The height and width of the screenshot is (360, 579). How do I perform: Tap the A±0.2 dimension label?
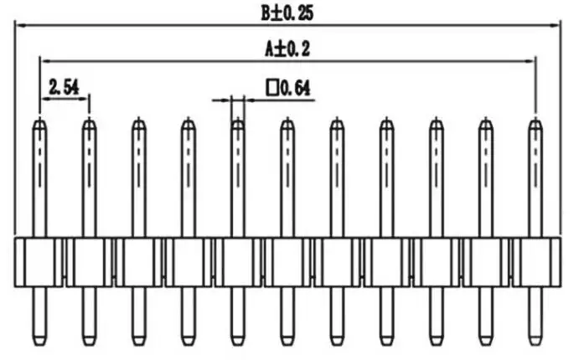tap(287, 49)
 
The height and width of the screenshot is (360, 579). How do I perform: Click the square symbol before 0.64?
tap(271, 86)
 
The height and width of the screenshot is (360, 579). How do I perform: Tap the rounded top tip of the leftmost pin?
tap(39, 126)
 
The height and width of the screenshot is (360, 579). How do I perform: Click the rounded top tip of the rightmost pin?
tap(535, 126)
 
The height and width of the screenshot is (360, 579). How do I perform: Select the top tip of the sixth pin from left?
tap(287, 126)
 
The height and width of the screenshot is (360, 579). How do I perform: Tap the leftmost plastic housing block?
tap(39, 262)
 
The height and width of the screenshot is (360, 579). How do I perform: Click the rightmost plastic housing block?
tap(535, 262)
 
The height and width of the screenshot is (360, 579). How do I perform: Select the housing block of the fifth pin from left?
tap(237, 262)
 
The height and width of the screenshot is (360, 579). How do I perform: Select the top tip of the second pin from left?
tap(89, 126)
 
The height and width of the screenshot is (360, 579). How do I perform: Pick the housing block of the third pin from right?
tap(436, 262)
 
